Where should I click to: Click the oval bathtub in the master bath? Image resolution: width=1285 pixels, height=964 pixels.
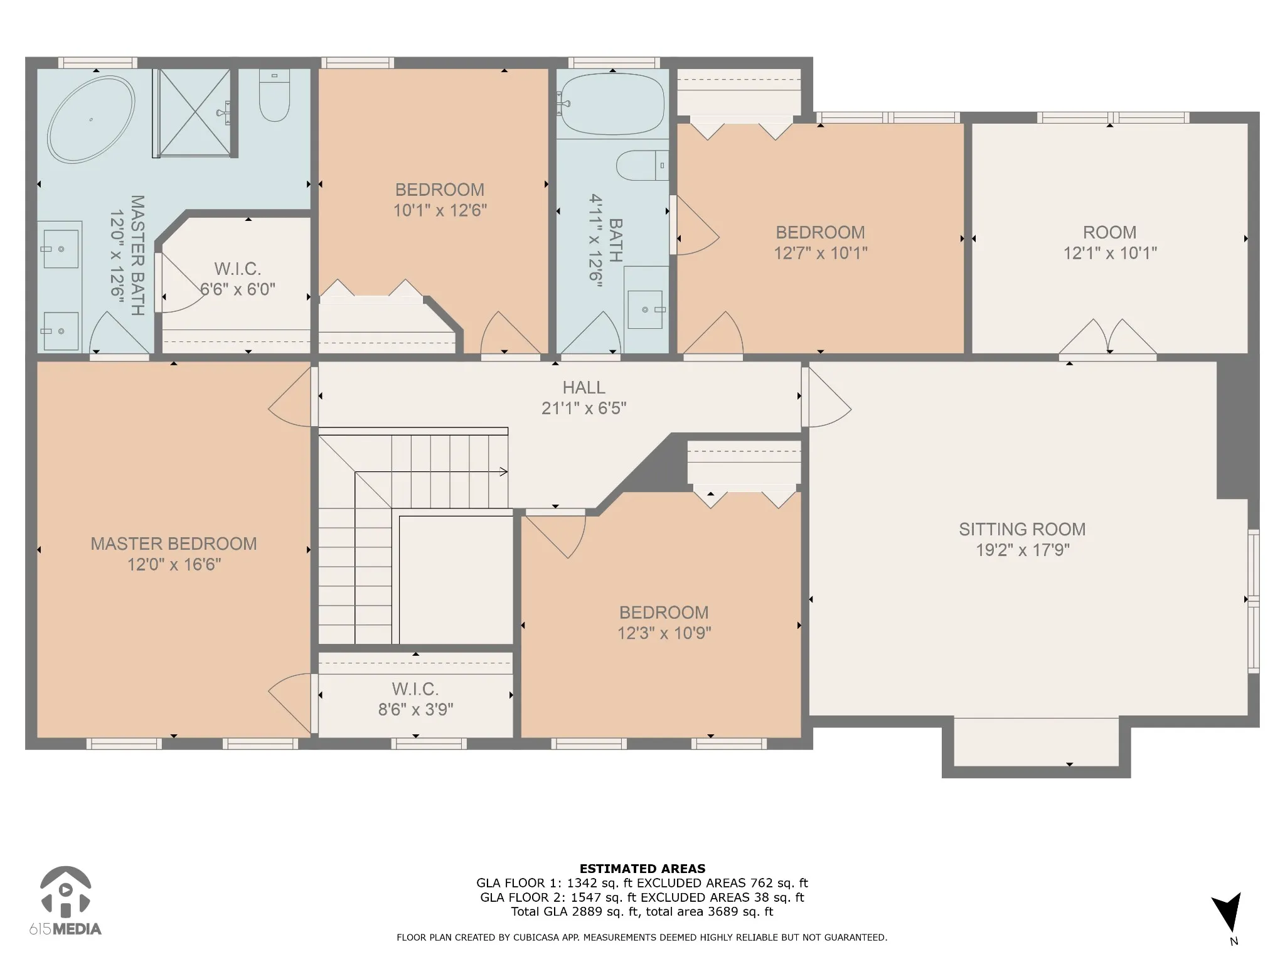coord(91,119)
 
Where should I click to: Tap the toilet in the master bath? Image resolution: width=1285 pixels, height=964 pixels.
coord(274,95)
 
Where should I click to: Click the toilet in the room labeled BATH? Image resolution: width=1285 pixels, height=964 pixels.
coord(642,166)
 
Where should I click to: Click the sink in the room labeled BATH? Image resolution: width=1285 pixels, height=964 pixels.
coord(646,309)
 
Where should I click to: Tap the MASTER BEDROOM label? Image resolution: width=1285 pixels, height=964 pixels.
coord(174,544)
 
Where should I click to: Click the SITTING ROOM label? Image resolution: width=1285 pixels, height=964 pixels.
coord(1022,529)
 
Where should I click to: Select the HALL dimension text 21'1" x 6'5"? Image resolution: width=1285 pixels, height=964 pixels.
coord(584,409)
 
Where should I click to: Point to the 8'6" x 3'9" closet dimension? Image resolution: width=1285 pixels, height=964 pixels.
coord(415,710)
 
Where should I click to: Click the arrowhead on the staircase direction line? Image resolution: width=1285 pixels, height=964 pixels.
coord(503,472)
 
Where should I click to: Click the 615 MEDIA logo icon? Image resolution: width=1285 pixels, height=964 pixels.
coord(66,891)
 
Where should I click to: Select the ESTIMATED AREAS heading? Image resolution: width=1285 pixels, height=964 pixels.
coord(642,869)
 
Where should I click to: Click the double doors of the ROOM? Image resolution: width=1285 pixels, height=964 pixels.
coord(1108,337)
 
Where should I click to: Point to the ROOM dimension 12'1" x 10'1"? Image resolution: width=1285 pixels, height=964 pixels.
coord(1110,253)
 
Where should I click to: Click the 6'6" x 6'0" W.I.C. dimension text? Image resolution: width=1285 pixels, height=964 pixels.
coord(238,289)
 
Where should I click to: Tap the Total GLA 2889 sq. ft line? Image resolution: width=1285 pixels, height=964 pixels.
coord(642,912)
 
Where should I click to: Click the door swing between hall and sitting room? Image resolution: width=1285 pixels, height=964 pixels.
coord(827,397)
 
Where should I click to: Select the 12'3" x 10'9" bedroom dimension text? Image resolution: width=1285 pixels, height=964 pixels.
coord(664,633)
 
